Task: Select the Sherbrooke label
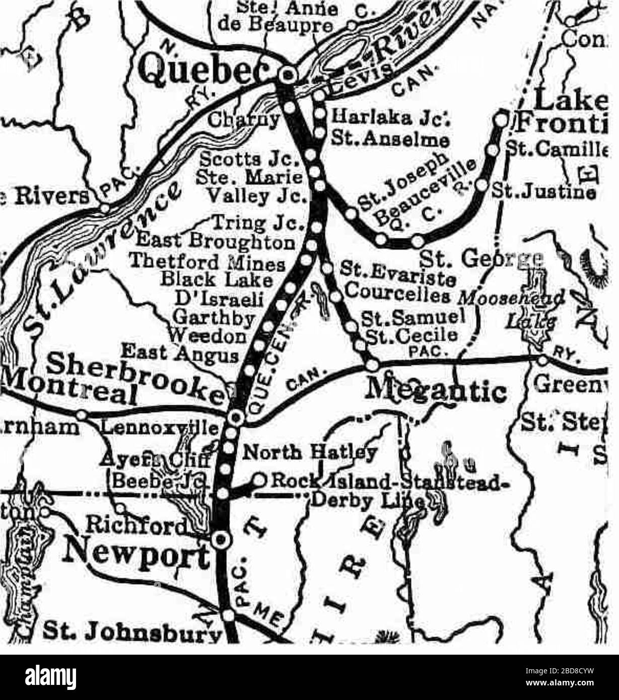[x=136, y=373]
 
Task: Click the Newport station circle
[x=220, y=540]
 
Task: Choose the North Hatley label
[x=310, y=453]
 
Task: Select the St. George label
[x=480, y=261]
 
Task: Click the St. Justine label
[x=544, y=192]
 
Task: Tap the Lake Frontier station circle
[x=501, y=119]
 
